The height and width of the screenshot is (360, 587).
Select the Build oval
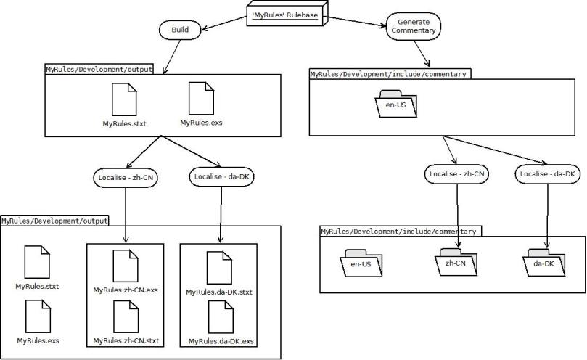tap(179, 30)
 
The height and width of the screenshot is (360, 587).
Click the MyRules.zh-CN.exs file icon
tap(125, 266)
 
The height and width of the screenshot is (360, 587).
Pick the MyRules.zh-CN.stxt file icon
tap(125, 316)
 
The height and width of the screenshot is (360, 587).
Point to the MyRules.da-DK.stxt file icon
tap(218, 267)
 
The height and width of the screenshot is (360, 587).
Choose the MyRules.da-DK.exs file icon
tap(218, 316)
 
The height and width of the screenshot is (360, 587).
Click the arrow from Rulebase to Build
tap(225, 24)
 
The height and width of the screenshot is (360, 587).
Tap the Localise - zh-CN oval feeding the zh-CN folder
tap(457, 174)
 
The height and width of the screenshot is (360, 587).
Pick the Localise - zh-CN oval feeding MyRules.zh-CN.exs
tap(126, 176)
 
